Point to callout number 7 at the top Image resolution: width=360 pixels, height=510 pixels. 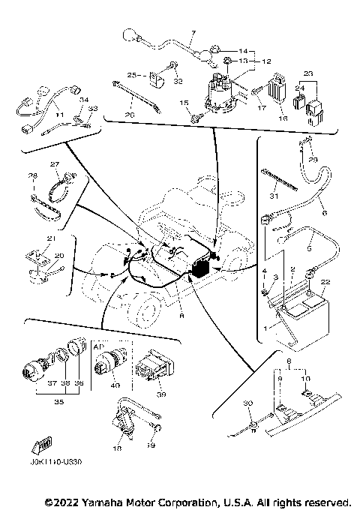click(x=192, y=34)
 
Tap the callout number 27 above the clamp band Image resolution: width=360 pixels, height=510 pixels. click(x=54, y=163)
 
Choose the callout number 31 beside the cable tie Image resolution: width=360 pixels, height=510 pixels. click(x=274, y=196)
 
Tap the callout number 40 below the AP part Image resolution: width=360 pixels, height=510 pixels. click(x=114, y=386)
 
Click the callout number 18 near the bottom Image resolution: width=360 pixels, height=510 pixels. click(x=117, y=448)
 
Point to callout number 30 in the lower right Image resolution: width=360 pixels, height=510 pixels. click(x=247, y=403)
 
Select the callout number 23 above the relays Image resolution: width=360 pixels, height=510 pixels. click(x=307, y=73)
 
